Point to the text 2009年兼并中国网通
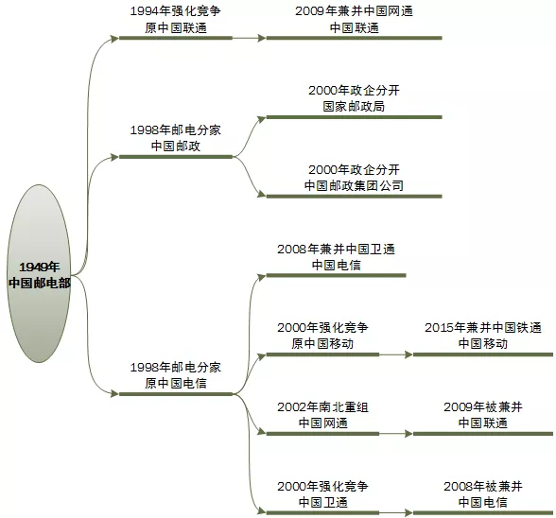(354, 12)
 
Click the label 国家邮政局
(354, 107)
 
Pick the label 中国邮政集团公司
(354, 186)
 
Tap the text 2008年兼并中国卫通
(336, 249)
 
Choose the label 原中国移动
(322, 344)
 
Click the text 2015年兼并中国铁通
(482, 327)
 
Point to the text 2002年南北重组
(322, 406)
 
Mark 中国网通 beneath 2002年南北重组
(322, 423)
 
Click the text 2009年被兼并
(482, 406)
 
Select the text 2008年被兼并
(482, 486)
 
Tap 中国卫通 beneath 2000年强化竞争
(322, 503)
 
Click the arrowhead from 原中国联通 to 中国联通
(262, 39)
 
